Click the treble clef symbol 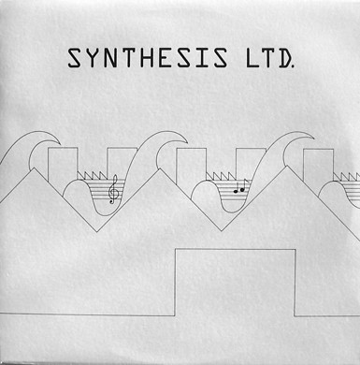113,189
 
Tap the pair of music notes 239,186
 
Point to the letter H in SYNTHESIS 147,58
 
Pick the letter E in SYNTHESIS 165,58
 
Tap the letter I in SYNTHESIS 203,58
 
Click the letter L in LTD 252,58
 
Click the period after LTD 294,66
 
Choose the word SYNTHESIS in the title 148,58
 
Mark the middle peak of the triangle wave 160,169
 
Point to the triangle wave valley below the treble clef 96,231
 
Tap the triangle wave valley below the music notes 222,231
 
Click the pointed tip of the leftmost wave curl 60,144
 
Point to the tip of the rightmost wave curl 314,139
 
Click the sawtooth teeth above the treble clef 92,176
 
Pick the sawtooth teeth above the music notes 221,176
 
